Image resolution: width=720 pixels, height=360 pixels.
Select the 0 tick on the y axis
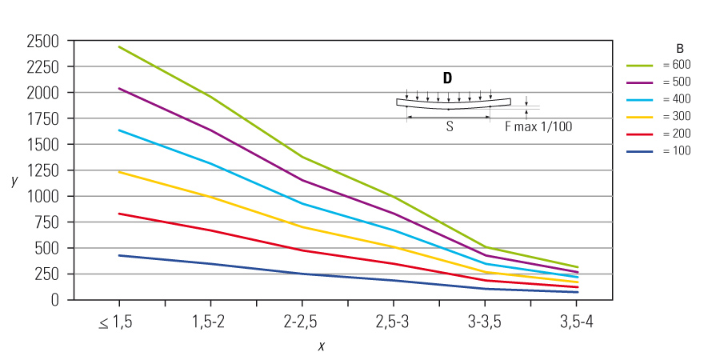[54, 299]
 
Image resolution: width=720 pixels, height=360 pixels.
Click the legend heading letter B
[679, 47]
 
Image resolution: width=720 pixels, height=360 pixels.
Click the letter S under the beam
[449, 126]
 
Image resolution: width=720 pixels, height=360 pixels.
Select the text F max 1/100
[538, 126]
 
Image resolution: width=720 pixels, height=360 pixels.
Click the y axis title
[14, 181]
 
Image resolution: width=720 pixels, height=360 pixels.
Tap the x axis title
[321, 346]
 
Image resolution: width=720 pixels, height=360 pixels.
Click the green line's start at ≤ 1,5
[119, 46]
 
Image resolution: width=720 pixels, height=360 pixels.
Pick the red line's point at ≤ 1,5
[119, 214]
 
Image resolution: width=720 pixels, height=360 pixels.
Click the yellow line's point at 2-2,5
[302, 227]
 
